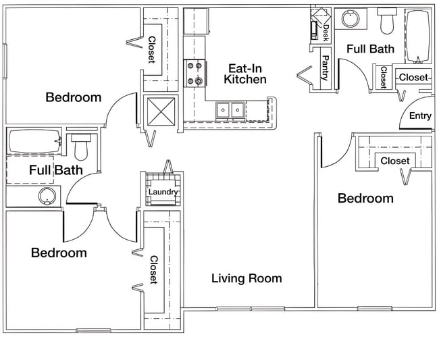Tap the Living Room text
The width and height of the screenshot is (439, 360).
pos(247,278)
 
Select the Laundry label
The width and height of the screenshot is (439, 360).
pos(163,192)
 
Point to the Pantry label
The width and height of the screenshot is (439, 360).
pos(325,68)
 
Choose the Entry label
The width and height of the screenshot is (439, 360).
pos(420,116)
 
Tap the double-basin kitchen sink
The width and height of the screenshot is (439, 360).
pos(231,109)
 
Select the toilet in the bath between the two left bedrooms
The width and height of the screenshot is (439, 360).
pos(80,145)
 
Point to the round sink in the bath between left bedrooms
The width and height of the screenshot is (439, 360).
pos(47,197)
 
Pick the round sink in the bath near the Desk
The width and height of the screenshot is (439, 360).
pos(350,20)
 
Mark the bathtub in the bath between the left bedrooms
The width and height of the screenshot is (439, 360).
pos(34,142)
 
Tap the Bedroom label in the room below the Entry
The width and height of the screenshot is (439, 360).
pos(365,199)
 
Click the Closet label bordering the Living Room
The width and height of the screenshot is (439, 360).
pos(153,269)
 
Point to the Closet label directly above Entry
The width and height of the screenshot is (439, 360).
pos(413,78)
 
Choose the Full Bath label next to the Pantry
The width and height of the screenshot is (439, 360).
pos(369,49)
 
